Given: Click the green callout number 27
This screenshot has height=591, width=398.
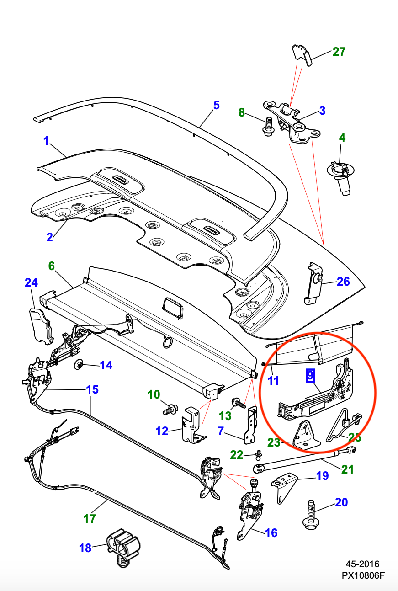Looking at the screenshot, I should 339,52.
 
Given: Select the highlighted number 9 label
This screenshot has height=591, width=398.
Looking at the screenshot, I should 310,376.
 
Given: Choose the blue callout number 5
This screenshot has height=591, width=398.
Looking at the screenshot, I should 216,105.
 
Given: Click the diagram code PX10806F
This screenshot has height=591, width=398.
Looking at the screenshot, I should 362,576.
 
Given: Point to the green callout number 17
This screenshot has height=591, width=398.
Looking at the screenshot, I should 90,519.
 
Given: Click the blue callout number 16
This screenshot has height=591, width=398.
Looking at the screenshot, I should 271,533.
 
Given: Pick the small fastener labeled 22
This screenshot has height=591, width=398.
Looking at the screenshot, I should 259,453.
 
